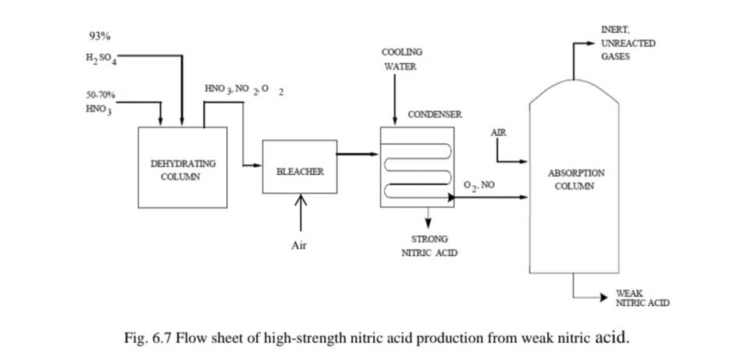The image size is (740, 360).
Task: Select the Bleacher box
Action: [x=300, y=171]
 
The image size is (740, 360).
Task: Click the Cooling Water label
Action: [x=401, y=59]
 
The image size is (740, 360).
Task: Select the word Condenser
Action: [x=434, y=115]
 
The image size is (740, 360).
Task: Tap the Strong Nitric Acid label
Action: [x=429, y=245]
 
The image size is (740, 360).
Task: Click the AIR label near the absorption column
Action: [x=499, y=133]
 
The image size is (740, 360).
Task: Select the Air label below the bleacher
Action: [x=299, y=245]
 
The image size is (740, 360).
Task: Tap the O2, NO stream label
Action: [x=479, y=185]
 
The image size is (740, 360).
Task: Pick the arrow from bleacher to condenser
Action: [x=358, y=154]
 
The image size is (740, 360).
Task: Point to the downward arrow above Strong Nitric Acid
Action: [x=428, y=218]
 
